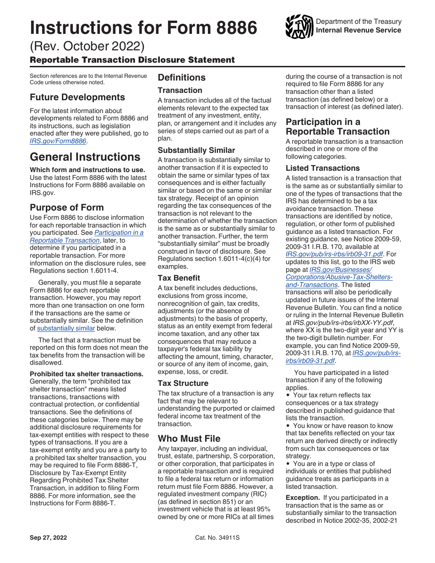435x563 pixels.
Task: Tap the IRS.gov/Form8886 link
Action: pyautogui.click(x=58, y=141)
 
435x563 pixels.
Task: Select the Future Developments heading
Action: pyautogui.click(x=77, y=97)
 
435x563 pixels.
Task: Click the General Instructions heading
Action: pyautogui.click(x=85, y=157)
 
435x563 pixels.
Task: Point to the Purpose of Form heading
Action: pyautogui.click(x=67, y=207)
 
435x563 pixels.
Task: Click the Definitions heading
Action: pyautogui.click(x=182, y=77)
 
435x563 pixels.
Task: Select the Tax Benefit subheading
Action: pyautogui.click(x=179, y=278)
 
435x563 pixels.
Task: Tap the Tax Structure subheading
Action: pyautogui.click(x=183, y=383)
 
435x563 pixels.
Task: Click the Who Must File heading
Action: pyautogui.click(x=189, y=438)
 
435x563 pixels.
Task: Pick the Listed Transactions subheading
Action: pyautogui.click(x=323, y=168)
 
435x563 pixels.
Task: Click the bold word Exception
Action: pyautogui.click(x=302, y=498)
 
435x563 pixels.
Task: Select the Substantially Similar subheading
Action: pyautogui.click(x=196, y=150)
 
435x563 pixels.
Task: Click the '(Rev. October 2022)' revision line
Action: pyautogui.click(x=87, y=46)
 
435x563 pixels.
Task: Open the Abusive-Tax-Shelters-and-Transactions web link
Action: pyautogui.click(x=339, y=277)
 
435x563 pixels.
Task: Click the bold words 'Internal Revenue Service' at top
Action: pyautogui.click(x=359, y=30)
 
